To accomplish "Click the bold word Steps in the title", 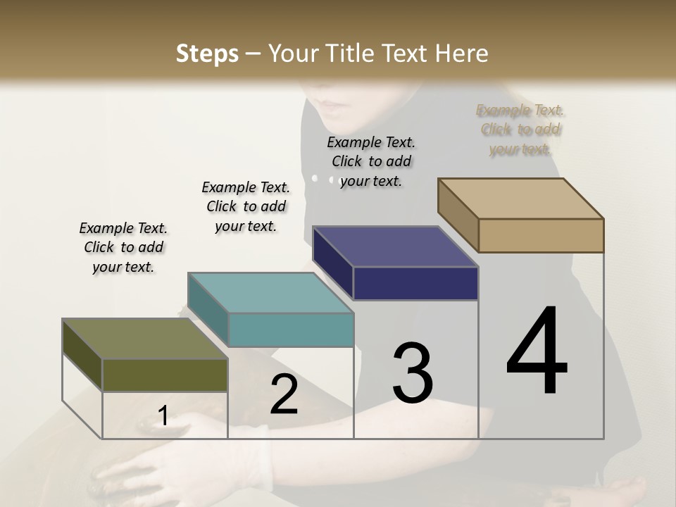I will (x=206, y=54).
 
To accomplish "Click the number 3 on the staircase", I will (x=413, y=373).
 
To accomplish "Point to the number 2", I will (x=284, y=394).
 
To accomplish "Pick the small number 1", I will (x=163, y=416).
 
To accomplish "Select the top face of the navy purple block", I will (x=395, y=247).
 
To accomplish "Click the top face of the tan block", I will (x=520, y=199).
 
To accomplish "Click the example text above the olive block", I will (x=123, y=247).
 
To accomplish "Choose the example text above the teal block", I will (x=246, y=206).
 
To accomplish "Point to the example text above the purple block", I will (x=371, y=161).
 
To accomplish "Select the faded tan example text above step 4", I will (x=520, y=130).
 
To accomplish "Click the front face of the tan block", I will (x=541, y=235).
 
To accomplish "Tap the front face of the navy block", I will (x=415, y=284).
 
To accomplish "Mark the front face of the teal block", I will (x=291, y=330).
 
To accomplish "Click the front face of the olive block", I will (x=165, y=375).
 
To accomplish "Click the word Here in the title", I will (x=462, y=54).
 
